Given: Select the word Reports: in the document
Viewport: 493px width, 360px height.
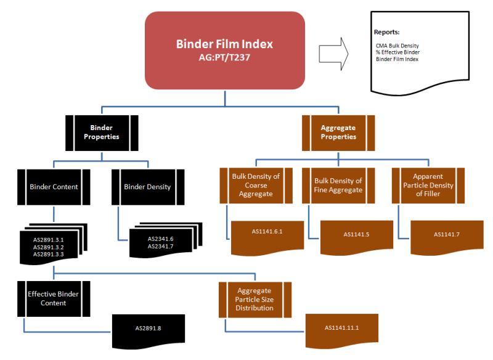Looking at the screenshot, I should pos(386,31).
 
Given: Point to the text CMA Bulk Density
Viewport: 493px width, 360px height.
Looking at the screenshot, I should pos(397,46).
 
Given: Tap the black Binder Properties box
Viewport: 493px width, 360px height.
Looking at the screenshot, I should pos(101,132).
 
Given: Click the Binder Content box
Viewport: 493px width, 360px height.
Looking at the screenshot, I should pos(54,186).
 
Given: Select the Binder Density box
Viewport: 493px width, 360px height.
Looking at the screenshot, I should pos(147,186).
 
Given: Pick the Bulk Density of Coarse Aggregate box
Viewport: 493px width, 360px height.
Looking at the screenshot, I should pos(256,186).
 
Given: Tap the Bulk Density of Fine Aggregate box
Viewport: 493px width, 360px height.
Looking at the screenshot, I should pos(338,186).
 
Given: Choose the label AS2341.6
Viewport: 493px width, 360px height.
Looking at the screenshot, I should pos(160,239).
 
